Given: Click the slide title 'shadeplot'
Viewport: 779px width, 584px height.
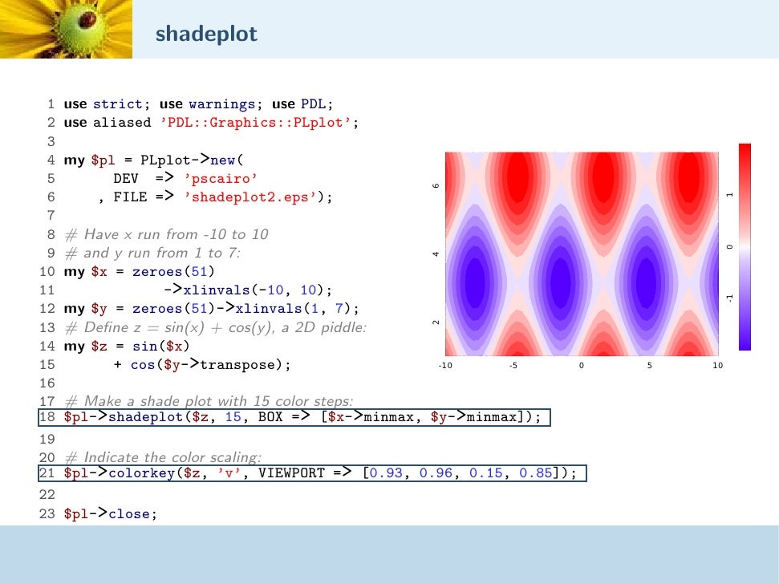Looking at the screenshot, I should click(207, 34).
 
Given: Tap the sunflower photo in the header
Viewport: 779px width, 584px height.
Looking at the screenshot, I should click(66, 29).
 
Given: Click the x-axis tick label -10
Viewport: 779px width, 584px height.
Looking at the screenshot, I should click(446, 366).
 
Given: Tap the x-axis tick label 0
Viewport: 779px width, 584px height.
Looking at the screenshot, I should click(582, 366).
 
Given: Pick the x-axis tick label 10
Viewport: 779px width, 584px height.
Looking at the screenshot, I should click(717, 366).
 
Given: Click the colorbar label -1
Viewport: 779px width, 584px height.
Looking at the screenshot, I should click(730, 298).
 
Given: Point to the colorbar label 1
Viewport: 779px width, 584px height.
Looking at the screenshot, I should click(730, 195).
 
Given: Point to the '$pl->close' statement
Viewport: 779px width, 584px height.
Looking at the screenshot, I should click(107, 513).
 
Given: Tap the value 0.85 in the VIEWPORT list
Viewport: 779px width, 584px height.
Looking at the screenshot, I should click(536, 473).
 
